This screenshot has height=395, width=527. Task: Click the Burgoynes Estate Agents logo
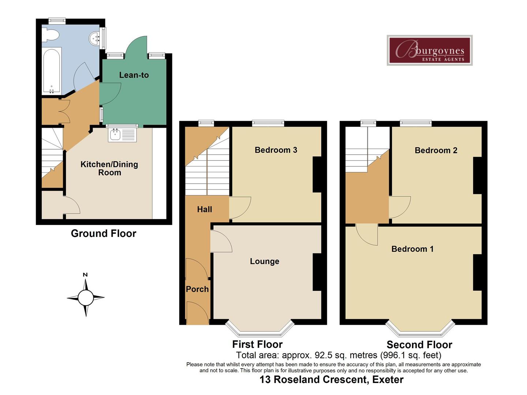(429, 50)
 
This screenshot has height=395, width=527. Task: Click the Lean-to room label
(134, 75)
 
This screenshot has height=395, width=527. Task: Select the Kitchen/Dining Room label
(109, 168)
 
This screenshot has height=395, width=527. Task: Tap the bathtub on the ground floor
(52, 70)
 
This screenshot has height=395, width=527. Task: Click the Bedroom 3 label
(276, 150)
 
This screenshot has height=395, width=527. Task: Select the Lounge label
(265, 261)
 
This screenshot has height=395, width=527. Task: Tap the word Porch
(197, 289)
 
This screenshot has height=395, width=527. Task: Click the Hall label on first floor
(205, 209)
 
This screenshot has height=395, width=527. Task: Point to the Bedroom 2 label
(436, 150)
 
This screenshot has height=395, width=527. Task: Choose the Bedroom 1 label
(412, 249)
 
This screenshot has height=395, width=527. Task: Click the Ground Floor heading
(104, 233)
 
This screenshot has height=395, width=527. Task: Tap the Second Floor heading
(419, 345)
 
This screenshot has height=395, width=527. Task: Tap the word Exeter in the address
(388, 380)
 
